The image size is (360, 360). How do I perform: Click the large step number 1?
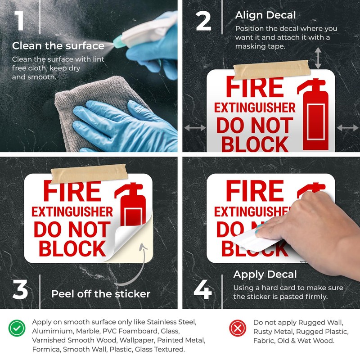tap(19, 21)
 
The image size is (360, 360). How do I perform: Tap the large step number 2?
tap(203, 21)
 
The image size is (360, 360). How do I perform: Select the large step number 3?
tap(20, 289)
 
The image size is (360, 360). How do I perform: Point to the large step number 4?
tap(202, 289)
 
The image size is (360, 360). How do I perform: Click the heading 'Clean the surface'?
tap(58, 46)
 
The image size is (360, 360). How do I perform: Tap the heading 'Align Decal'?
tap(265, 15)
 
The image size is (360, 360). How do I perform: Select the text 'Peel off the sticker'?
tap(101, 294)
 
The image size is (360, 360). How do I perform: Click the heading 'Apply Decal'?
tap(265, 274)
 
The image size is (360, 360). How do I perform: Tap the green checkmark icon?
tap(17, 328)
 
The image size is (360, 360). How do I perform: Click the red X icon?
tap(238, 328)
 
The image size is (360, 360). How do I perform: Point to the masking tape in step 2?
tap(272, 70)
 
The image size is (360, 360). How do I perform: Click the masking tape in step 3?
tap(89, 174)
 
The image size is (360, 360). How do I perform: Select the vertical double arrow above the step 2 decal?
tap(318, 58)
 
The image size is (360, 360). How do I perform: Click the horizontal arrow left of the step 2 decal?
tap(195, 128)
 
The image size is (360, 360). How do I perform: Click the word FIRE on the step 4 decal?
tap(255, 191)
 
